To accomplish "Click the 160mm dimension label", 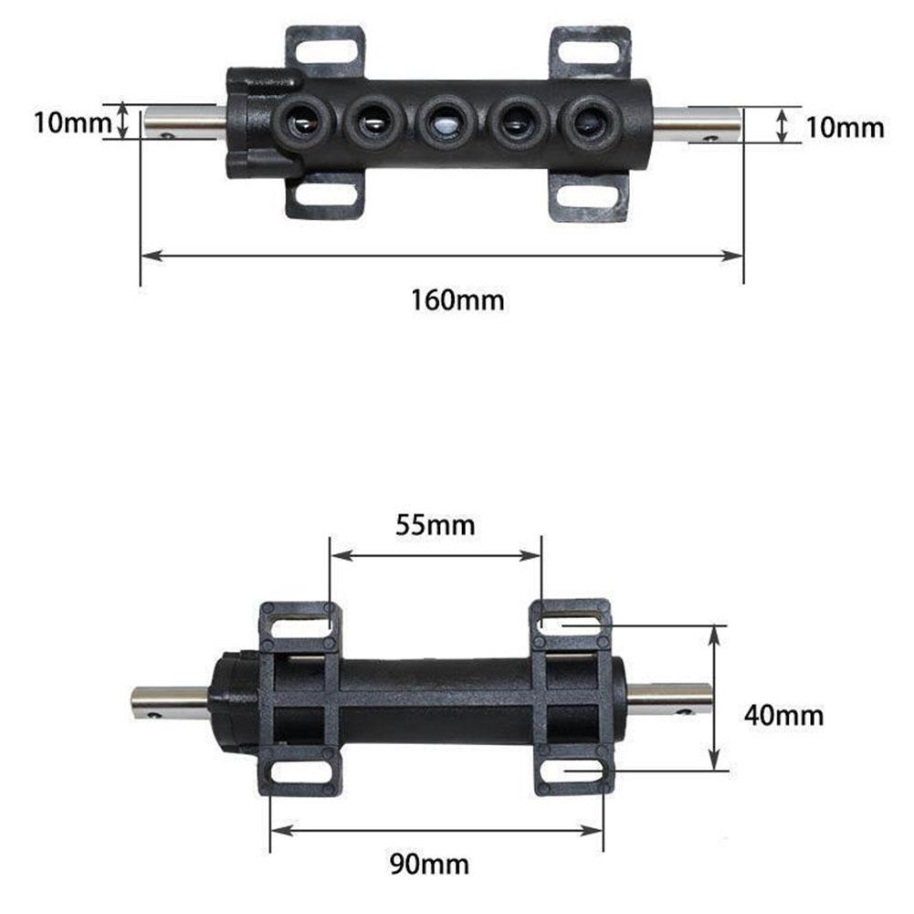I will [x=457, y=299].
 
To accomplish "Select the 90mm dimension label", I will [x=435, y=863].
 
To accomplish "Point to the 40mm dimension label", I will [x=783, y=714].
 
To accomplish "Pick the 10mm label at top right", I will [x=845, y=128].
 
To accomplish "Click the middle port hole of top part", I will [x=446, y=122].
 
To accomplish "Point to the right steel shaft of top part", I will [x=697, y=124].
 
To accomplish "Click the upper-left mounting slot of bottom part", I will [x=299, y=625].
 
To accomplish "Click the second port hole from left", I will [x=372, y=121].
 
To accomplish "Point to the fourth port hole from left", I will [x=518, y=122].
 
